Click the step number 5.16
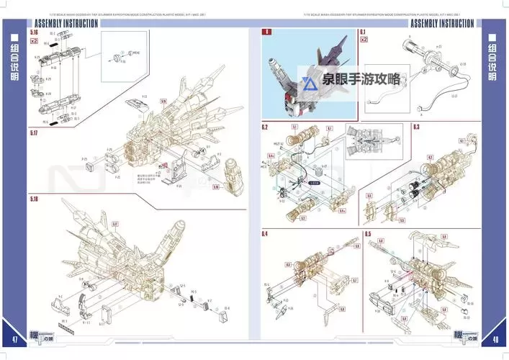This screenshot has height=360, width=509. tap(34, 32)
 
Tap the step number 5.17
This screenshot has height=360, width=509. tap(34, 134)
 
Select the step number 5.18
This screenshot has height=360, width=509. tap(34, 199)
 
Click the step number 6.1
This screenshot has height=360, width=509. tap(363, 32)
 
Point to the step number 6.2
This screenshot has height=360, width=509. tap(265, 127)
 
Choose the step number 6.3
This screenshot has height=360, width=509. tap(415, 127)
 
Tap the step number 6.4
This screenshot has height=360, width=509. tap(265, 234)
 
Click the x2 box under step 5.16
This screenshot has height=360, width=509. tap(35, 41)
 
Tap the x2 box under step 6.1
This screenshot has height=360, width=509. tap(364, 40)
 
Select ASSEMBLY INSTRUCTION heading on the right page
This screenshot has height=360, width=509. tap(441, 23)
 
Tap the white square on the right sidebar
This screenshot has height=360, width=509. tap(494, 38)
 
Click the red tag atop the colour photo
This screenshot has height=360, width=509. tap(266, 32)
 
